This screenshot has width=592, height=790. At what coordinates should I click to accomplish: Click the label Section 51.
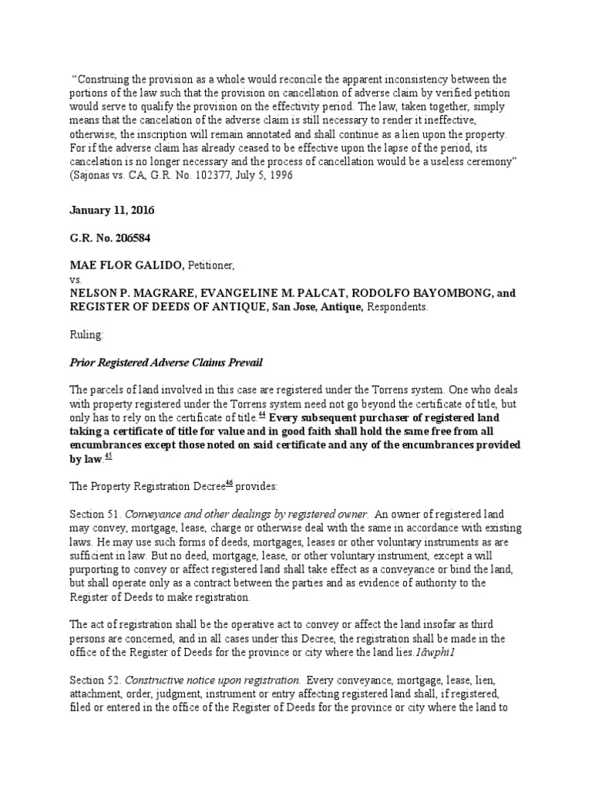coord(95,515)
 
